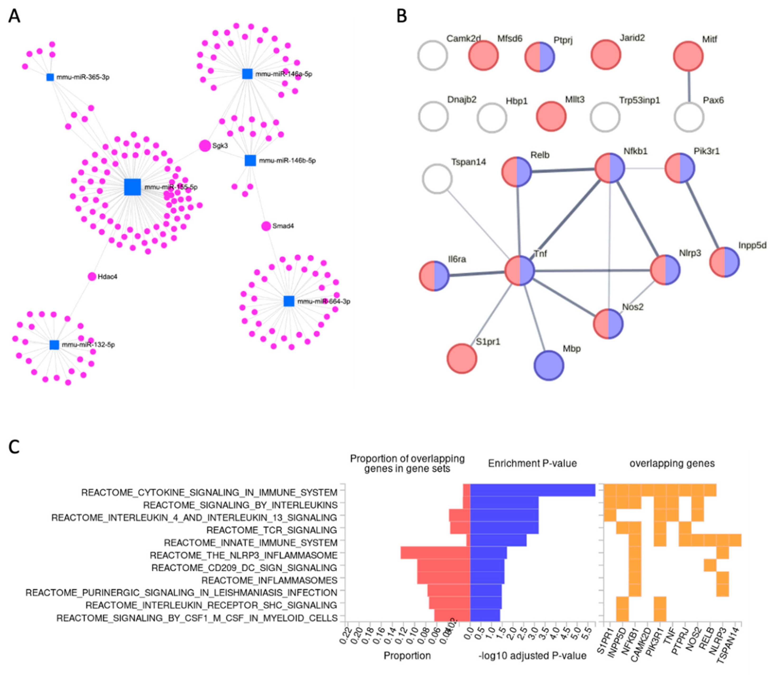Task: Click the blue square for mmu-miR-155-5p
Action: [x=133, y=187]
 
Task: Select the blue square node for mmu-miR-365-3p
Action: [x=50, y=77]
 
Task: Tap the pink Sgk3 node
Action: [x=205, y=145]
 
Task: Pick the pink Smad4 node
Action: [x=266, y=226]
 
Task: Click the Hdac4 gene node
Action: [x=92, y=276]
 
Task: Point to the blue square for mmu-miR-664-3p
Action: [x=289, y=301]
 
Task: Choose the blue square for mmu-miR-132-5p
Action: [x=54, y=345]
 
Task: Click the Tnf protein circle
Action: [x=520, y=271]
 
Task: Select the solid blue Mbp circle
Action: [x=549, y=365]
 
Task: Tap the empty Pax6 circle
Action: [x=689, y=117]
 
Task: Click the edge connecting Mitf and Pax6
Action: [x=689, y=87]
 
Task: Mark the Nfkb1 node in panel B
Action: [x=609, y=168]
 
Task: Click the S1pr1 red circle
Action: [x=462, y=359]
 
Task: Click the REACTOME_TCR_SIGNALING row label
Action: [x=271, y=530]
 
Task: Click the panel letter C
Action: [x=14, y=447]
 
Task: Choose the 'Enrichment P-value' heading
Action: [x=532, y=463]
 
